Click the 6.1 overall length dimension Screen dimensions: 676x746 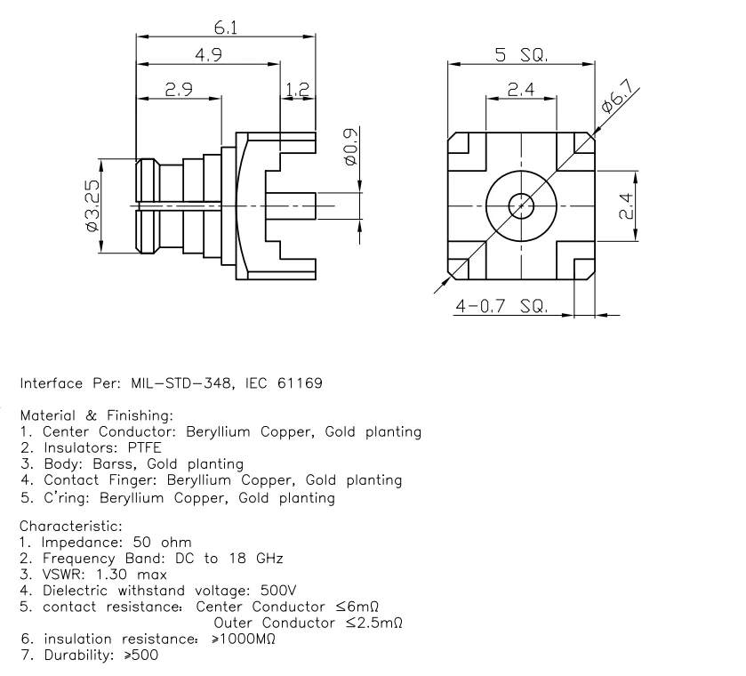click(226, 27)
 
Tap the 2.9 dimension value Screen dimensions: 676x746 click(179, 89)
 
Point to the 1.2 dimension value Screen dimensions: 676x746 click(297, 89)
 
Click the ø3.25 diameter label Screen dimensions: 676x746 click(91, 206)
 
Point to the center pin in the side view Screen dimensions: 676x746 click(293, 206)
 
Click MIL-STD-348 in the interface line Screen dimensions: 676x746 click(167, 384)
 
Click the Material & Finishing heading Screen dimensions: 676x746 click(96, 415)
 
